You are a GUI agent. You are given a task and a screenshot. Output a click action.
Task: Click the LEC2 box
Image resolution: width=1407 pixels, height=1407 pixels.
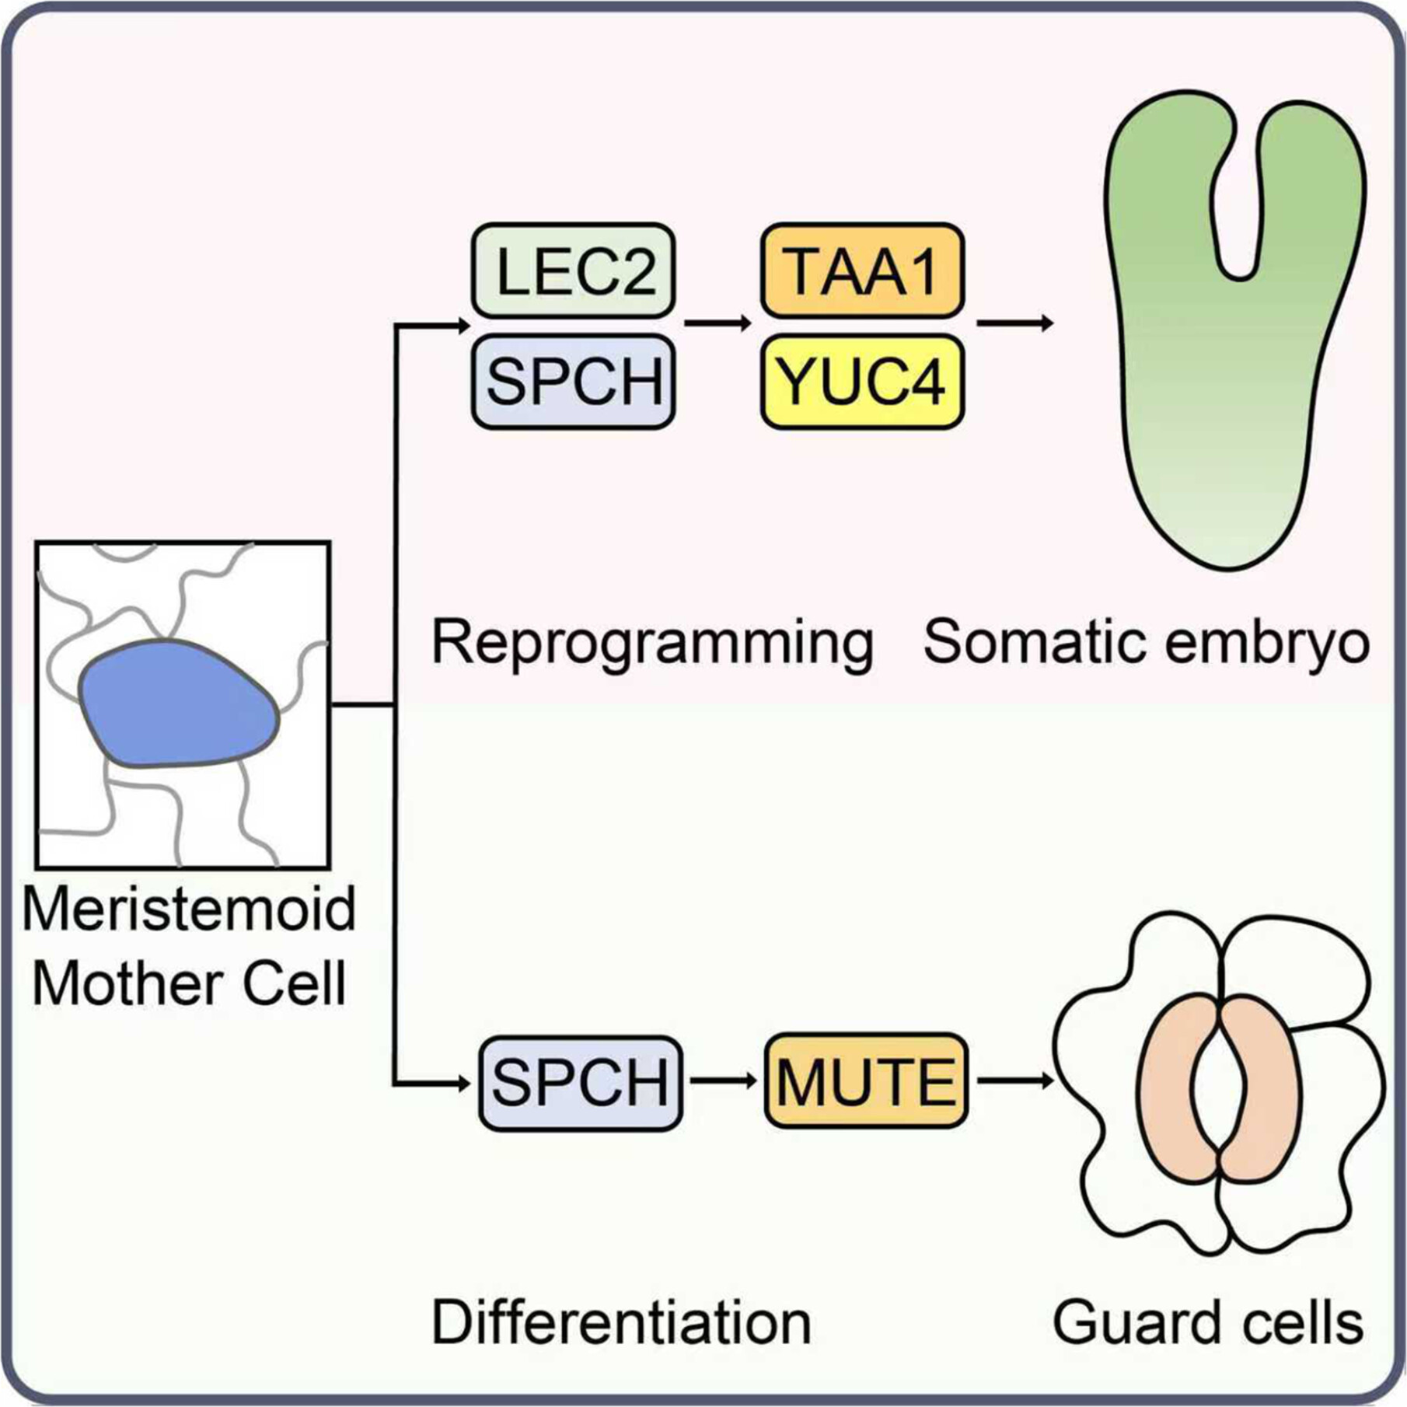coord(574,271)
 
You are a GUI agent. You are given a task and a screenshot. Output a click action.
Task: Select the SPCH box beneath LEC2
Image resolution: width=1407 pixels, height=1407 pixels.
coord(574,382)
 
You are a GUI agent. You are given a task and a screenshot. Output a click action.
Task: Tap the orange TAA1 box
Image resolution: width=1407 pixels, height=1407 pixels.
coord(862,271)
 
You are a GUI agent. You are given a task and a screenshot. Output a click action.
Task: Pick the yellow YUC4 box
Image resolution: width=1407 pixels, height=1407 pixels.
coord(862,382)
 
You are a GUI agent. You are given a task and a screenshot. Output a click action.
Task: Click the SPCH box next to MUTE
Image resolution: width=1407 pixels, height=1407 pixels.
coord(580,1082)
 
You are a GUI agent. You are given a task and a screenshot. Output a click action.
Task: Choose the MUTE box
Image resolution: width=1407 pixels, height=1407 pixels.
coord(866,1081)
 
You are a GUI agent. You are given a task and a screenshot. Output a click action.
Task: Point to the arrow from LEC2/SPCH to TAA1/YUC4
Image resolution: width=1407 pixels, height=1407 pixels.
coord(717,323)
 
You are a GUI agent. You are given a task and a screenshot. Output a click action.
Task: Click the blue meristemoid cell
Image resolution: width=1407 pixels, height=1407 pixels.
coord(179,704)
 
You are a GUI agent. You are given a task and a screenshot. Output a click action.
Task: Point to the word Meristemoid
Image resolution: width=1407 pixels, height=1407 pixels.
coord(189,909)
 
